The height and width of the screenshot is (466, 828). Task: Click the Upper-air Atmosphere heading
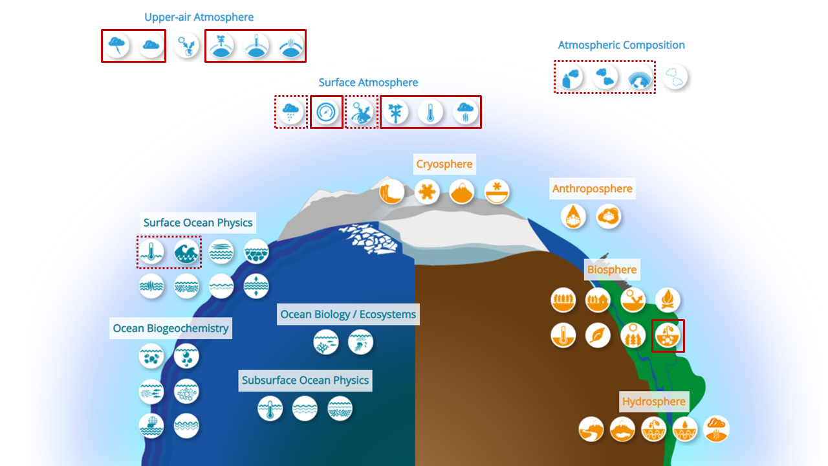199,17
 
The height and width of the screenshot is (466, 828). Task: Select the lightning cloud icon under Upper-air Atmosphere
117,46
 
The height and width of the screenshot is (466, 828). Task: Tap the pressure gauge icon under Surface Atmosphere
327,113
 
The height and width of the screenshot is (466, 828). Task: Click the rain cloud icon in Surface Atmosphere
291,113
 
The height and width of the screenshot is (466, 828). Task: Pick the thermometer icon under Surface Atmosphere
430,113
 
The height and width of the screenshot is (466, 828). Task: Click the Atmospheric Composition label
621,45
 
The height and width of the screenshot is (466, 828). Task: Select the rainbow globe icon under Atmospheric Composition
640,78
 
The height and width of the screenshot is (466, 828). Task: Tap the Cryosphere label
444,164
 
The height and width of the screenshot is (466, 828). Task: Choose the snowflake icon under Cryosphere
427,192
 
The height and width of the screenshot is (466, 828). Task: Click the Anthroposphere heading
592,189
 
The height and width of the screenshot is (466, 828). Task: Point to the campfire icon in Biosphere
668,300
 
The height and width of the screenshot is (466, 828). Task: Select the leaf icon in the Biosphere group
598,335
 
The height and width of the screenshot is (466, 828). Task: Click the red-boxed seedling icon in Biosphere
668,335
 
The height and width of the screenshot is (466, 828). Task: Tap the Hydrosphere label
653,402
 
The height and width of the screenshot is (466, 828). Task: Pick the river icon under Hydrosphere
591,429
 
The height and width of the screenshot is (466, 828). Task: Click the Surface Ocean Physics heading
198,223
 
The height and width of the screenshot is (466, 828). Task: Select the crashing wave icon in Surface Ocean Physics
186,252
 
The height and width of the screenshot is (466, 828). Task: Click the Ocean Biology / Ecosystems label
348,315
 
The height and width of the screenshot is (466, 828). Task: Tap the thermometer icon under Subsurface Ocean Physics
270,409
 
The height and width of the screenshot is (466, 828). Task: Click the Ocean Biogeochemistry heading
171,328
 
